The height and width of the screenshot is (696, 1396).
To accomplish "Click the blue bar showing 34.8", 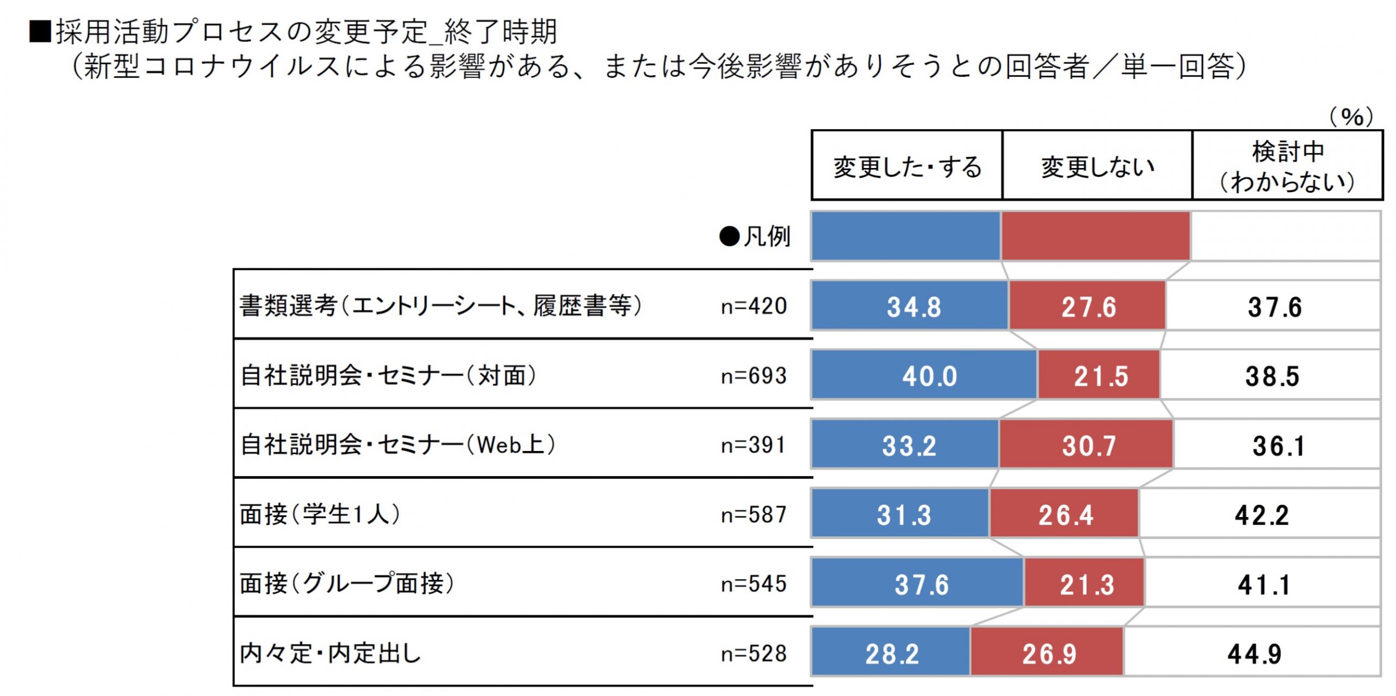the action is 910,305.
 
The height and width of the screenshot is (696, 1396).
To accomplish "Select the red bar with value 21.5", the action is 1099,375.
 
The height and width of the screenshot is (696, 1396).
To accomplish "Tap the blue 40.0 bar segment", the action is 925,375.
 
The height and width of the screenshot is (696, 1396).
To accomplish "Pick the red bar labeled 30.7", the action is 1086,444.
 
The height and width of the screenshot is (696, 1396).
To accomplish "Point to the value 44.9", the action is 1255,653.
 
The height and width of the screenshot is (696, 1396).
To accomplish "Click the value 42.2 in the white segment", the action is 1262,515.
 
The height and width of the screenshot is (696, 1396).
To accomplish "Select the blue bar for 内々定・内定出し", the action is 891,652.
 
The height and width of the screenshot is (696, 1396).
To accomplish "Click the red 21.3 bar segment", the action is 1084,583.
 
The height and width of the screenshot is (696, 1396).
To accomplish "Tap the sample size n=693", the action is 754,376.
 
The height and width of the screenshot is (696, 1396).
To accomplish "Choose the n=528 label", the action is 754,653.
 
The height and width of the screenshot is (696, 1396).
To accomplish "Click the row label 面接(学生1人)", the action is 321,514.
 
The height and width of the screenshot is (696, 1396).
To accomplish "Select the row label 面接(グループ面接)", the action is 347,584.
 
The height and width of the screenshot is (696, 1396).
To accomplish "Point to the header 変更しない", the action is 1098,166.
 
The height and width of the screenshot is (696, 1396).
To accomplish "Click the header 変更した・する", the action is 907,166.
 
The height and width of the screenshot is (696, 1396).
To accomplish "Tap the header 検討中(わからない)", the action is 1287,166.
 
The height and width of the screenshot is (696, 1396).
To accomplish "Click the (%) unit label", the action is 1351,116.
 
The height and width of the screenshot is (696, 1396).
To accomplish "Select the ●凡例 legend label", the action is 755,237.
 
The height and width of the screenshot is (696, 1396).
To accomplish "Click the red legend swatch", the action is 1096,236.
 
